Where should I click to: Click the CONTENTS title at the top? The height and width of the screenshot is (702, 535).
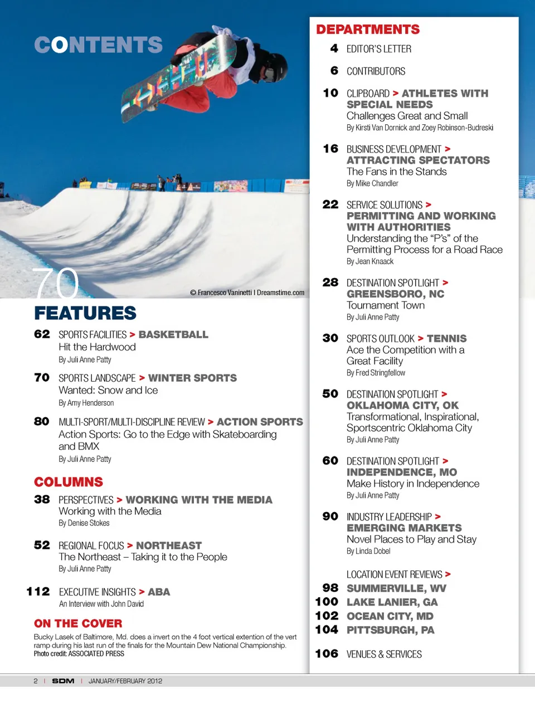pyautogui.click(x=98, y=45)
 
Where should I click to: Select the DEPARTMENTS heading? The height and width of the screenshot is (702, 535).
pyautogui.click(x=368, y=30)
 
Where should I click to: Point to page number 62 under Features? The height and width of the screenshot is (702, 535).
pyautogui.click(x=42, y=334)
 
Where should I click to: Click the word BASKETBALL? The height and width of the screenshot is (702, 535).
pyautogui.click(x=173, y=334)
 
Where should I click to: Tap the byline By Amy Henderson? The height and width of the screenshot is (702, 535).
pyautogui.click(x=86, y=403)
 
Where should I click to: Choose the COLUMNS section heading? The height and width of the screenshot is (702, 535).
pyautogui.click(x=69, y=482)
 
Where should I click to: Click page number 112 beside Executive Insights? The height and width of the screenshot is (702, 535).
pyautogui.click(x=38, y=592)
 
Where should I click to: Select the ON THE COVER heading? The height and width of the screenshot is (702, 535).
pyautogui.click(x=78, y=623)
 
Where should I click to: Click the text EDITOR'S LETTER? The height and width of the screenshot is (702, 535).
pyautogui.click(x=379, y=49)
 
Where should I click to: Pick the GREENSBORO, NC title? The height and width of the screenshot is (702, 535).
pyautogui.click(x=395, y=294)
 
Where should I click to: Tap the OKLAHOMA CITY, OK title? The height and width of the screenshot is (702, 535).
pyautogui.click(x=402, y=406)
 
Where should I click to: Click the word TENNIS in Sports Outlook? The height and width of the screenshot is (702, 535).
pyautogui.click(x=446, y=339)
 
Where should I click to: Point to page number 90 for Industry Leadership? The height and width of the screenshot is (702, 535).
pyautogui.click(x=330, y=516)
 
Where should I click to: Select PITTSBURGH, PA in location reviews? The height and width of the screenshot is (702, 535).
pyautogui.click(x=390, y=630)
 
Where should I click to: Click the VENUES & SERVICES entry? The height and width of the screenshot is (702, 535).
pyautogui.click(x=384, y=654)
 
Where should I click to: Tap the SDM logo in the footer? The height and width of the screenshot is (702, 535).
pyautogui.click(x=63, y=681)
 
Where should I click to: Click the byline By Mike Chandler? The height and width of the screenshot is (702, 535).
pyautogui.click(x=372, y=183)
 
